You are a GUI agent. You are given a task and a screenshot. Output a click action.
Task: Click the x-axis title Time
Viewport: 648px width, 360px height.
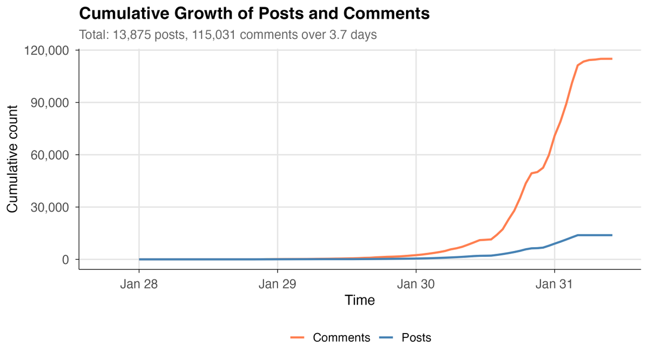pos(360,301)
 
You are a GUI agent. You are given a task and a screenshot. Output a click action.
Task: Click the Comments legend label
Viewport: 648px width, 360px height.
pos(341,338)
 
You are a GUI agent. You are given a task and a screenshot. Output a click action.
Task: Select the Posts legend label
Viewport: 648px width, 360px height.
pos(416,338)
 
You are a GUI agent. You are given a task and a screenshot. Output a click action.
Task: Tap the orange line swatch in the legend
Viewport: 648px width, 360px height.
pos(298,338)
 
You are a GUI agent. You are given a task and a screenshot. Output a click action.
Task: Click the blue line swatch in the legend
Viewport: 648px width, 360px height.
pos(387,338)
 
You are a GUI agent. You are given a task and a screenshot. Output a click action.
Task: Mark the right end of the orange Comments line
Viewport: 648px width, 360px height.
pos(612,59)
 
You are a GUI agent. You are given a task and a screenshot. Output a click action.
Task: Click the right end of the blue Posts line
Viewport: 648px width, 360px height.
pos(612,235)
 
